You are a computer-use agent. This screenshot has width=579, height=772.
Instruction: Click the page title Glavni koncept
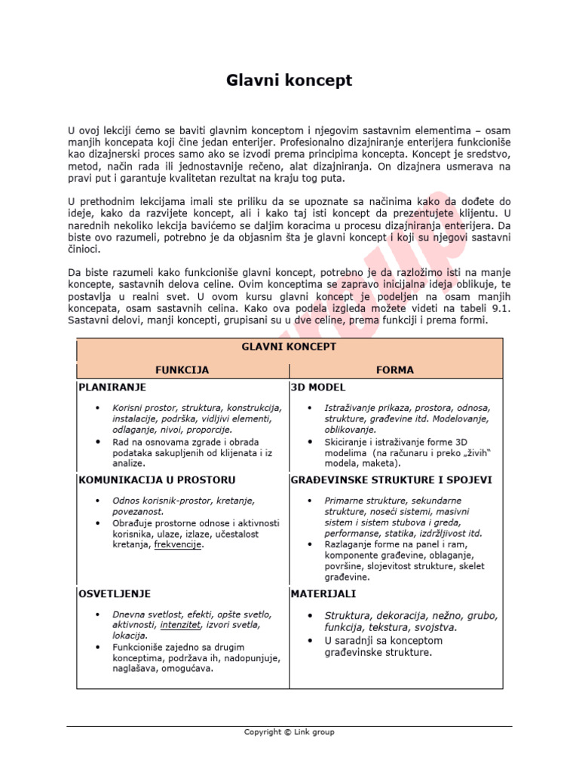pyautogui.click(x=289, y=80)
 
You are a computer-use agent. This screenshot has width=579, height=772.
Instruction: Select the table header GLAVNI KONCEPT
pyautogui.click(x=289, y=347)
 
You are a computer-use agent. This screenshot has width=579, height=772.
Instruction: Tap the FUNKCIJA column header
pyautogui.click(x=182, y=370)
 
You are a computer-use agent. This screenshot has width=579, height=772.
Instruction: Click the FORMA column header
pyautogui.click(x=395, y=370)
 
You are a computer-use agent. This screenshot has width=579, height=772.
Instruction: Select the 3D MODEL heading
pyautogui.click(x=318, y=388)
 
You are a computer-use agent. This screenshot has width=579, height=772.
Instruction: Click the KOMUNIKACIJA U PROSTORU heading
pyautogui.click(x=157, y=479)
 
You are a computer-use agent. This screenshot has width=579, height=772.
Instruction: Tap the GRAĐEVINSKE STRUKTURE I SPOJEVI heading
pyautogui.click(x=391, y=479)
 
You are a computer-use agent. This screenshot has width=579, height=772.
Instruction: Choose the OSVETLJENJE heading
pyautogui.click(x=115, y=594)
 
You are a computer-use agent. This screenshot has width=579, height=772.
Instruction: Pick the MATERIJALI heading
pyautogui.click(x=323, y=594)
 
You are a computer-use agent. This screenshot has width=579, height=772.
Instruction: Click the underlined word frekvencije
pyautogui.click(x=179, y=545)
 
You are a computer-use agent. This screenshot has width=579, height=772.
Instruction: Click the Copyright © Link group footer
pyautogui.click(x=289, y=732)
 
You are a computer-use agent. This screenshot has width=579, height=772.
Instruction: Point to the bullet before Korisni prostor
pyautogui.click(x=97, y=409)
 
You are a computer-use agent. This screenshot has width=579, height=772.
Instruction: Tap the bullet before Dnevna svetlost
pyautogui.click(x=97, y=614)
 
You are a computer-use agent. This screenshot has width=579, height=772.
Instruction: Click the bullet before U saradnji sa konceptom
pyautogui.click(x=310, y=641)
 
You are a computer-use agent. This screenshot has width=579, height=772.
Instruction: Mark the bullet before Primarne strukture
pyautogui.click(x=310, y=501)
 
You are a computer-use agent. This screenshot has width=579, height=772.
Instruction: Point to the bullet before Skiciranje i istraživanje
pyautogui.click(x=310, y=442)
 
